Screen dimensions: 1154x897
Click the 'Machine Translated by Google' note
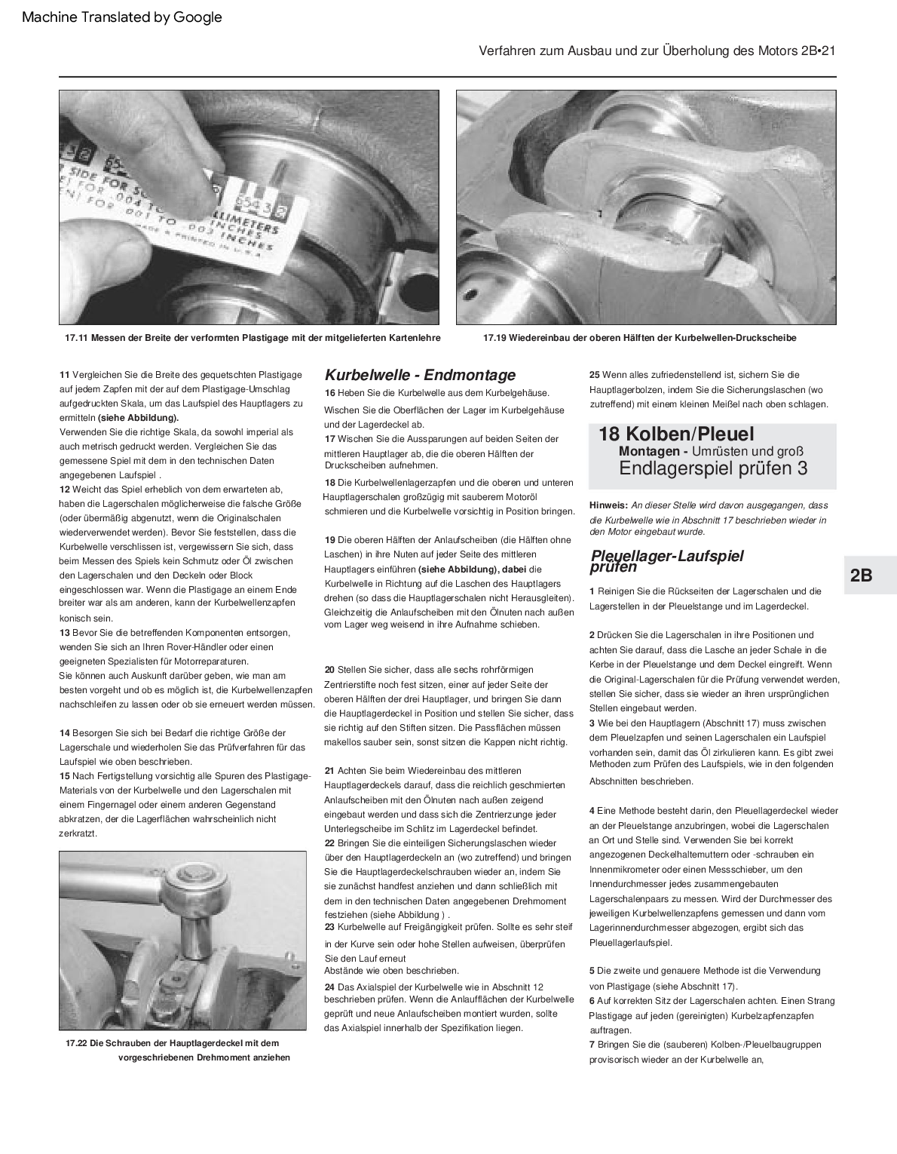click(121, 17)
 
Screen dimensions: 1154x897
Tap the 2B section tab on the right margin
click(861, 575)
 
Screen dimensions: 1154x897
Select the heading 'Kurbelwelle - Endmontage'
click(420, 375)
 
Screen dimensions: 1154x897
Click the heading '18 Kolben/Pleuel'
click(675, 434)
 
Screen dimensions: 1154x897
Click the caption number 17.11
click(77, 338)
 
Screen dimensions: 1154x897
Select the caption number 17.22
click(77, 1043)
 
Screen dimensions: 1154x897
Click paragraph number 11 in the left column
click(64, 375)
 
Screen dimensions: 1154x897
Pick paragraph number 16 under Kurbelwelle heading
click(330, 393)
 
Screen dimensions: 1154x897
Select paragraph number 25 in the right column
click(594, 375)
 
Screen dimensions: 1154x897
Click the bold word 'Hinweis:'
click(608, 505)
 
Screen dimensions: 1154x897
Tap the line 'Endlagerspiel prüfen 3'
click(712, 468)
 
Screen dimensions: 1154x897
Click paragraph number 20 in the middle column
click(330, 670)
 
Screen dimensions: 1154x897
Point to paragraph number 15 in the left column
click(64, 776)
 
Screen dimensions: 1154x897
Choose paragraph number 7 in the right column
click(592, 1045)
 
